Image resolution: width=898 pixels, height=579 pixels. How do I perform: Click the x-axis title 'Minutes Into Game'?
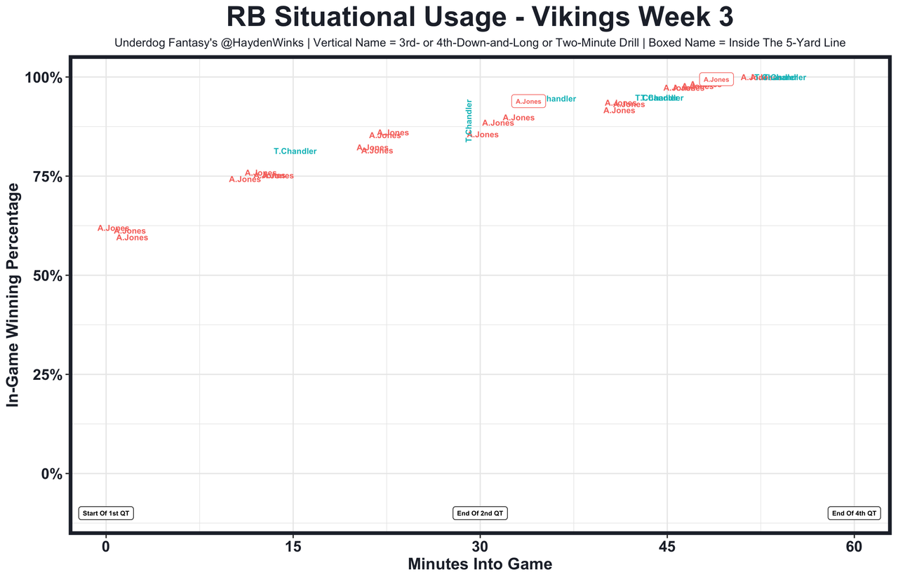click(x=480, y=564)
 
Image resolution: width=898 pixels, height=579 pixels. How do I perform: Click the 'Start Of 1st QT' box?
click(x=106, y=513)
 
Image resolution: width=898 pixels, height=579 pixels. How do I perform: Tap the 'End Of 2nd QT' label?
click(x=481, y=513)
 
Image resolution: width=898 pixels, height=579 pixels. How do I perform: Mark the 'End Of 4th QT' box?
click(x=854, y=513)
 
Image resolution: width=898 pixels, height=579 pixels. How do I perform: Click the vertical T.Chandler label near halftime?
click(x=469, y=121)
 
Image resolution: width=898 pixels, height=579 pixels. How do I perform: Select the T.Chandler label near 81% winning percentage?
click(x=295, y=151)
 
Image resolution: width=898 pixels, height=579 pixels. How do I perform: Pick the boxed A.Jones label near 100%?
click(x=716, y=80)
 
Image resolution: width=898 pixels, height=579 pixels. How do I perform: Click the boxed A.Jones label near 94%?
click(x=528, y=102)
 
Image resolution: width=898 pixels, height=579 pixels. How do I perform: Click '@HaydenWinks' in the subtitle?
click(x=270, y=43)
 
